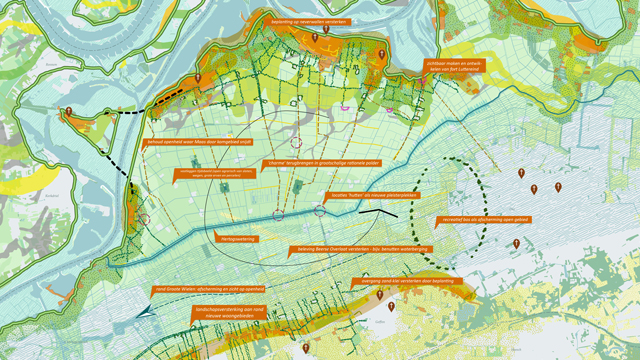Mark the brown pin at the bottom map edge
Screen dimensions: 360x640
pos(306,348)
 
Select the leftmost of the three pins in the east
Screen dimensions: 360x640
pos(522,175)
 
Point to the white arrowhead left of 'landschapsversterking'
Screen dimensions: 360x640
pos(149,313)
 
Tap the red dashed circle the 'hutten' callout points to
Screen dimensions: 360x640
pos(320,210)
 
